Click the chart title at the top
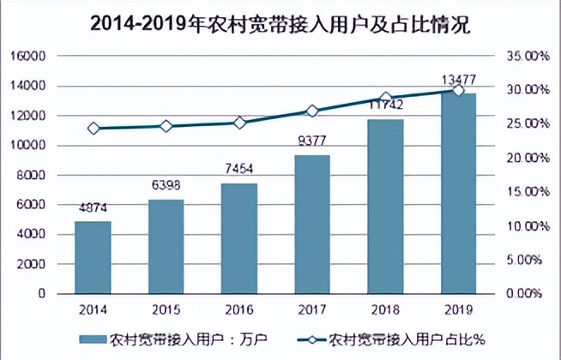pos(280,23)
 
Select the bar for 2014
pos(93,257)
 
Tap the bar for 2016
pos(239,238)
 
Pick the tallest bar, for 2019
pos(458,193)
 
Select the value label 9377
pos(312,141)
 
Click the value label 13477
pos(458,80)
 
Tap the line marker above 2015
pos(166,126)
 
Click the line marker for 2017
pos(312,111)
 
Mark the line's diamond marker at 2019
pos(458,90)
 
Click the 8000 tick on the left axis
pos(32,175)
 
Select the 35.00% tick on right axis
pos(524,57)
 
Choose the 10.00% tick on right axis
pos(524,226)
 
